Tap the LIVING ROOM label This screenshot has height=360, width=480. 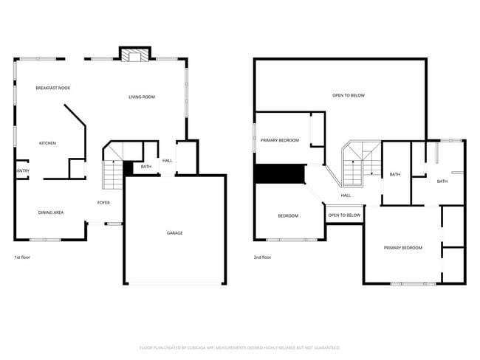[141, 97]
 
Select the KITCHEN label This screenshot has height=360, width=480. [47, 143]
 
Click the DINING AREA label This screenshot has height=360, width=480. [51, 212]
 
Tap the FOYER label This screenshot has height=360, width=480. [104, 202]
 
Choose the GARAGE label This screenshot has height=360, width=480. [174, 233]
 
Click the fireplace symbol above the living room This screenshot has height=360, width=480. [134, 56]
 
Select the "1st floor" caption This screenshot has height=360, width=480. [22, 257]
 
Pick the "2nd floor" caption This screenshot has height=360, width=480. [262, 257]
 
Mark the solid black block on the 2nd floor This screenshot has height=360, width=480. [280, 173]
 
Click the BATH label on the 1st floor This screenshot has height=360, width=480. [146, 167]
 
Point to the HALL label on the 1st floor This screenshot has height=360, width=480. [168, 161]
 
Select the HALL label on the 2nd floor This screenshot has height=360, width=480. [346, 195]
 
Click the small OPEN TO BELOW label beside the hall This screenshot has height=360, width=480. [344, 215]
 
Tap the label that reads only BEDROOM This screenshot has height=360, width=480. [288, 215]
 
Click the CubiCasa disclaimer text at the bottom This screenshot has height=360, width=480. [239, 347]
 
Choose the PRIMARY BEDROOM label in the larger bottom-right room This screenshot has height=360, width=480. [402, 248]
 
